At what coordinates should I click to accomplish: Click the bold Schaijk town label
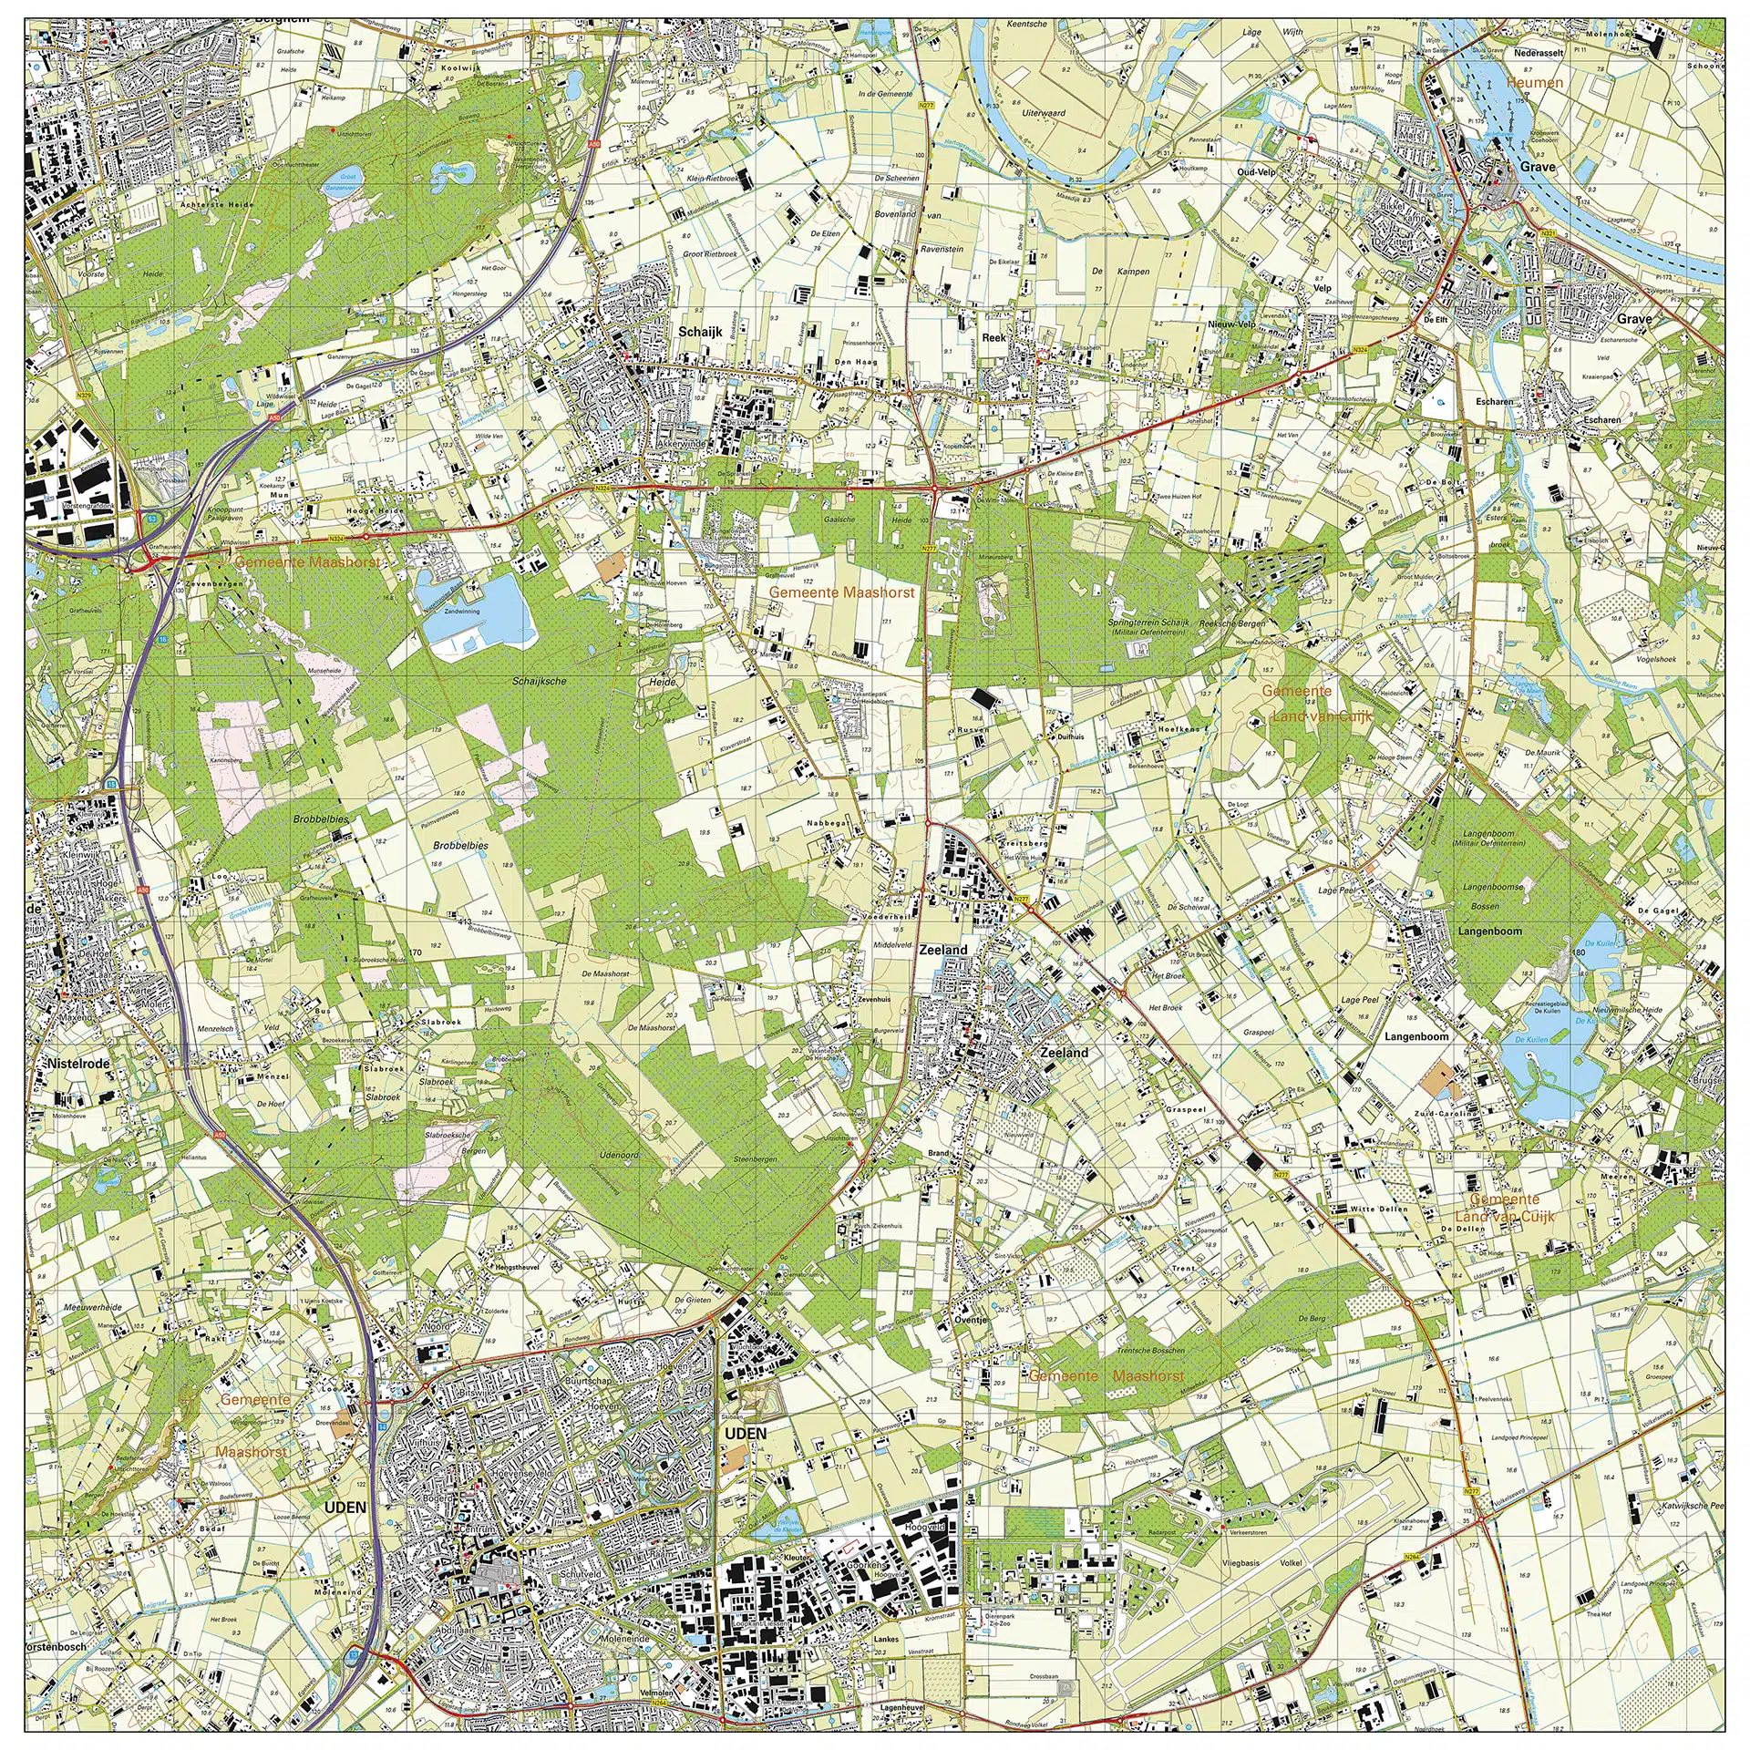pyautogui.click(x=699, y=332)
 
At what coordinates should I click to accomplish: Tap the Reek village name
pyautogui.click(x=993, y=337)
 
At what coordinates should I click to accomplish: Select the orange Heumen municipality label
pyautogui.click(x=1535, y=83)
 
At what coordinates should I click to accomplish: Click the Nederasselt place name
pyautogui.click(x=1539, y=54)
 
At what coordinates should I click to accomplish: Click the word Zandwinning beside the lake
pyautogui.click(x=462, y=612)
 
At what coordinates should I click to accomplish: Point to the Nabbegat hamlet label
pyautogui.click(x=828, y=823)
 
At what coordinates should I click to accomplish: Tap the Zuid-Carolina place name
pyautogui.click(x=1414, y=1114)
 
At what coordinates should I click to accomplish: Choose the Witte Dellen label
pyautogui.click(x=1379, y=1210)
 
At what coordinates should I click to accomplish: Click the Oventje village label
pyautogui.click(x=972, y=1319)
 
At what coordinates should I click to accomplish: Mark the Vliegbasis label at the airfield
pyautogui.click(x=1240, y=1562)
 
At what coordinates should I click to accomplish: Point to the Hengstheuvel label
pyautogui.click(x=517, y=1267)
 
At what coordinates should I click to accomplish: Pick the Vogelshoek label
pyautogui.click(x=1656, y=659)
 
